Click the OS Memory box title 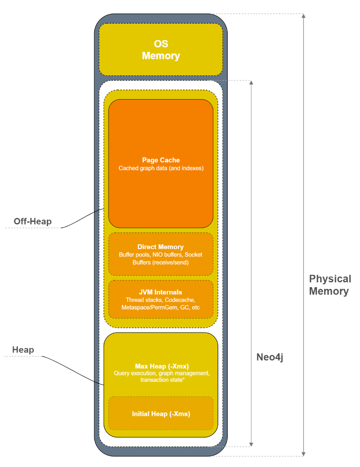point(161,50)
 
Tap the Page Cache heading point(161,160)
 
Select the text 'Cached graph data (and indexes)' point(161,168)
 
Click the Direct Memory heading point(161,247)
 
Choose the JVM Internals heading point(161,292)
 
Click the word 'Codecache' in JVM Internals point(180,300)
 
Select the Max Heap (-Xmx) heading point(161,366)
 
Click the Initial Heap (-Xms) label point(161,414)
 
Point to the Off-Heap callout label point(32,221)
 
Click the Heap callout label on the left point(23,350)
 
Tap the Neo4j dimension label point(270,357)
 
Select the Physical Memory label point(330,285)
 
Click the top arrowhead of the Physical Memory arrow point(303,16)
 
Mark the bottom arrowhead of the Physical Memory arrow point(303,453)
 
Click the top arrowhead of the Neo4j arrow point(251,83)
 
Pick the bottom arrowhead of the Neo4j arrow point(251,444)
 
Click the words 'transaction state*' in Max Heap point(161,380)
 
